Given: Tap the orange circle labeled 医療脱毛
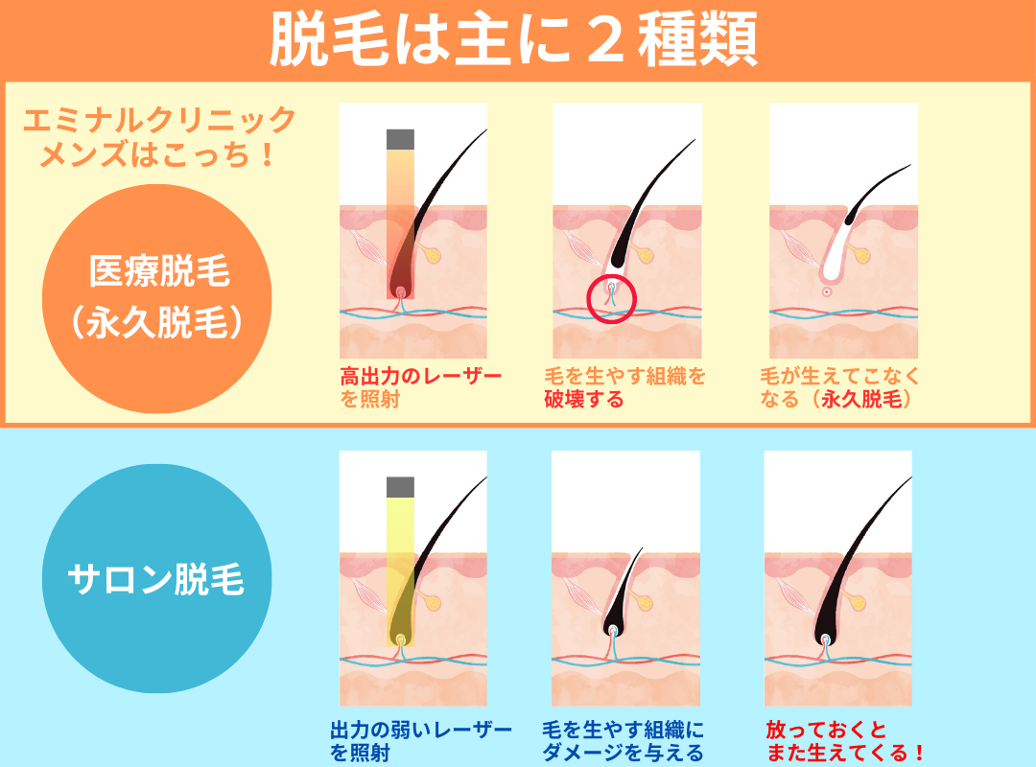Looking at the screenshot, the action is tap(157, 298).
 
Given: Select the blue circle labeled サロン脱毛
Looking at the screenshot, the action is tap(157, 578).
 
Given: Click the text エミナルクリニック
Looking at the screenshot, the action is tap(159, 121).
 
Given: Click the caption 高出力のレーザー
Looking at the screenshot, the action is tap(421, 377).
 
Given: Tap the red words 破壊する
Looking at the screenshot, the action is tap(584, 399).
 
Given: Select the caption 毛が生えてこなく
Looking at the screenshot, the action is tap(839, 377).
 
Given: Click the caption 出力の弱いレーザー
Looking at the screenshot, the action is tap(421, 730).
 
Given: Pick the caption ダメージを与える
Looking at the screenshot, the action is tap(624, 753).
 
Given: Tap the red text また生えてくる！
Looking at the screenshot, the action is tap(845, 753).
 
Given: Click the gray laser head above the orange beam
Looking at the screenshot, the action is tap(400, 139).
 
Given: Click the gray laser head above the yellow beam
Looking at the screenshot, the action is tap(400, 487).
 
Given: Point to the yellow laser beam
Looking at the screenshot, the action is tap(400, 571).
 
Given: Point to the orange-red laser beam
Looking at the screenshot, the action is tap(400, 224).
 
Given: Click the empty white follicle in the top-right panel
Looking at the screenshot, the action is tap(836, 244).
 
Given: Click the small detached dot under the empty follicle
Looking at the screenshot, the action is tap(827, 291).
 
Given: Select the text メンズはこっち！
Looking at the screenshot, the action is tap(157, 155).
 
